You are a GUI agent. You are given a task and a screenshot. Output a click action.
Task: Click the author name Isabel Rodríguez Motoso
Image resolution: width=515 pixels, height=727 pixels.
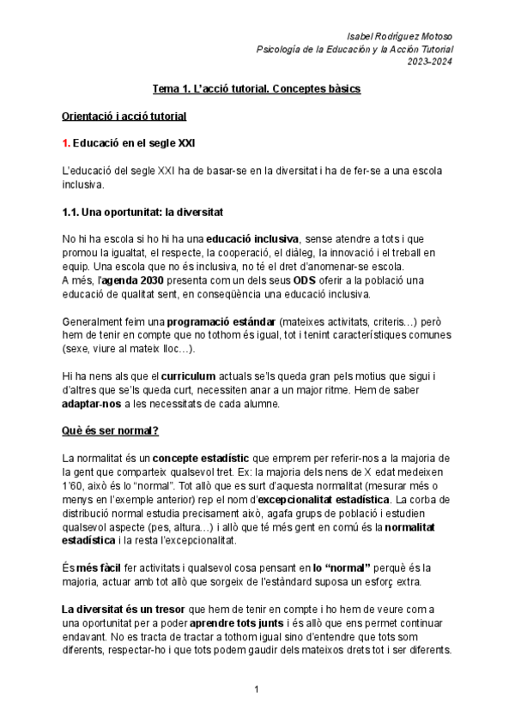tap(401, 35)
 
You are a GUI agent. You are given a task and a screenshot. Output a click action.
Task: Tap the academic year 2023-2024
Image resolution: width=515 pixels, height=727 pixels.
tap(432, 61)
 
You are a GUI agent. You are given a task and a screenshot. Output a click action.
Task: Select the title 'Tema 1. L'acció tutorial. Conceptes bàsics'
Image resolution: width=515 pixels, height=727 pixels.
tap(256, 88)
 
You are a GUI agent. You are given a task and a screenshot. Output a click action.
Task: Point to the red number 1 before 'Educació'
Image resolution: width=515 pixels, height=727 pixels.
tap(66, 142)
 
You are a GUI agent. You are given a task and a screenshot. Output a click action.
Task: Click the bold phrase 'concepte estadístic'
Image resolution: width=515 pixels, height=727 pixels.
tap(186, 459)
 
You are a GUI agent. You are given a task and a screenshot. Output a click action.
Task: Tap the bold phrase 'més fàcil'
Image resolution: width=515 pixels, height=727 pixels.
tap(101, 568)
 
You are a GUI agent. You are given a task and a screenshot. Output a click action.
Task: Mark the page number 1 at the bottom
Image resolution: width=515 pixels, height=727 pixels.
tap(257, 690)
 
